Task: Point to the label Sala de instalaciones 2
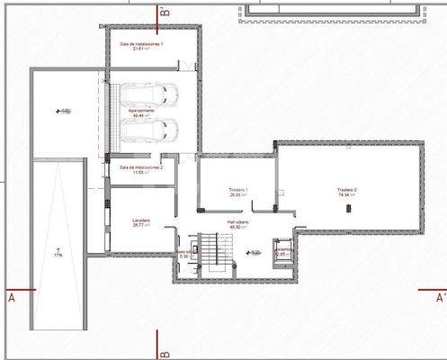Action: pyautogui.click(x=141, y=166)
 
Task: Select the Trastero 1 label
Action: pyautogui.click(x=237, y=190)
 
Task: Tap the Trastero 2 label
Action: pyautogui.click(x=347, y=190)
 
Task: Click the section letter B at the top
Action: pyautogui.click(x=164, y=12)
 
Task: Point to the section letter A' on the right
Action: pyautogui.click(x=440, y=296)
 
